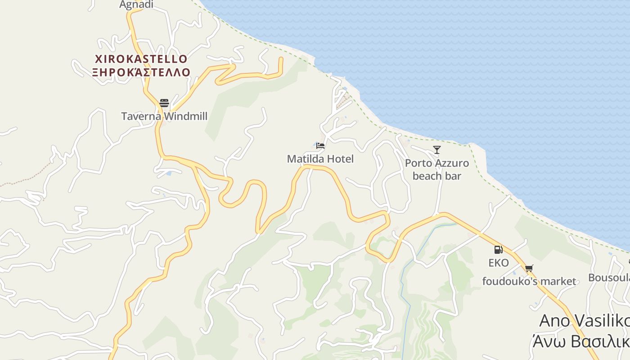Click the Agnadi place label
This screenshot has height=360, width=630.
pos(136,5)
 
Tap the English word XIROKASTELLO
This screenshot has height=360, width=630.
pos(141,59)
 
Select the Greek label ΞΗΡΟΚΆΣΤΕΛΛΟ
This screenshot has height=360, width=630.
pos(141,72)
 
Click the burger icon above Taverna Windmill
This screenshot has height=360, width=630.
pos(164,103)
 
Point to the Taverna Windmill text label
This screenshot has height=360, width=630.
pos(164,117)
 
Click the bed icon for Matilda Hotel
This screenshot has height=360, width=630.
pos(320,145)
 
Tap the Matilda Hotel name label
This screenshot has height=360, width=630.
pos(320,159)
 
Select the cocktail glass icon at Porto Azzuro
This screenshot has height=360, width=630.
pos(436,149)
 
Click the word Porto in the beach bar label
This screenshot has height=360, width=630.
pos(418,163)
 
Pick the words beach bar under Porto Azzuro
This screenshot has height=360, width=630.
pos(437,176)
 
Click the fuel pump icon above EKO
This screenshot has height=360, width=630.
pos(498,249)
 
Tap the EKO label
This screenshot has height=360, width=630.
pos(499,263)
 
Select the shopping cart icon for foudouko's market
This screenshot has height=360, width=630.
pos(529,269)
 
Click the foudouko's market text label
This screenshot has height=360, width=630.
pos(529,282)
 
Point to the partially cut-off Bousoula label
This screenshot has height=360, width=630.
pos(609,278)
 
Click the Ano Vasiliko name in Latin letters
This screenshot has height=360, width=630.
pos(584,321)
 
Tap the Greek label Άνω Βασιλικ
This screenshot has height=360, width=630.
pos(580,342)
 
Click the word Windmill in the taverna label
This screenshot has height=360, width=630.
pos(185,117)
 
